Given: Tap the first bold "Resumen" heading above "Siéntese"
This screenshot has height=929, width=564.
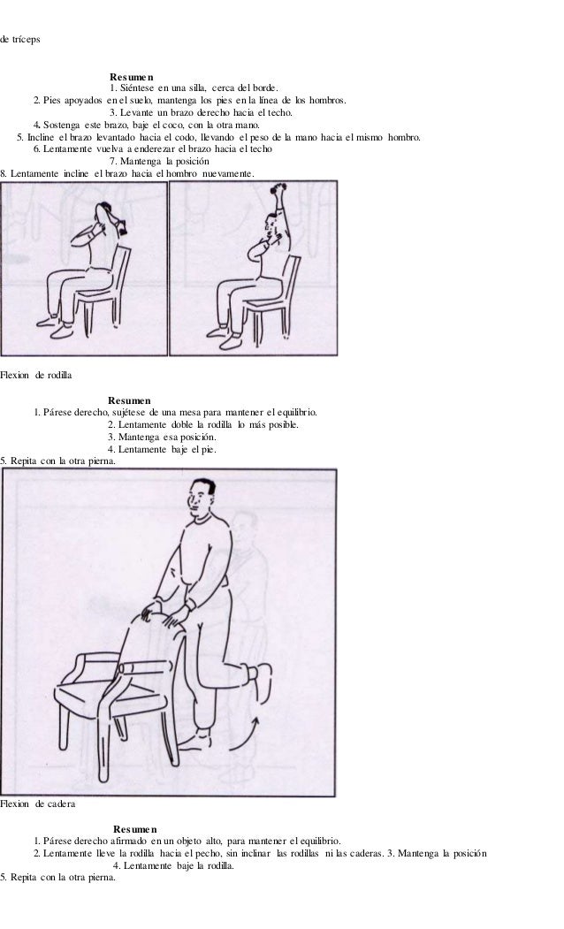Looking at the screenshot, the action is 132,77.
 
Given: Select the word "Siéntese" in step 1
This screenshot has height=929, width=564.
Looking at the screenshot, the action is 137,88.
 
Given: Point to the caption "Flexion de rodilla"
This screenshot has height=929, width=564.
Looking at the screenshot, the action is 36,375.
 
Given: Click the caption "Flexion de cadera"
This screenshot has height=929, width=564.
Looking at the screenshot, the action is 37,804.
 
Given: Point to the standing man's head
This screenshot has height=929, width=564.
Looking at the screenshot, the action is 201,498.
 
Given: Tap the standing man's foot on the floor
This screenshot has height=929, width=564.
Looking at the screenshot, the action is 196,741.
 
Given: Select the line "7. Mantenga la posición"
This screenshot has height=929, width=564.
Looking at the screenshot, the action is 159,161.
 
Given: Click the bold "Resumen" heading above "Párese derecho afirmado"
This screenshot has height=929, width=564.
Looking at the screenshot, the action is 135,829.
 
